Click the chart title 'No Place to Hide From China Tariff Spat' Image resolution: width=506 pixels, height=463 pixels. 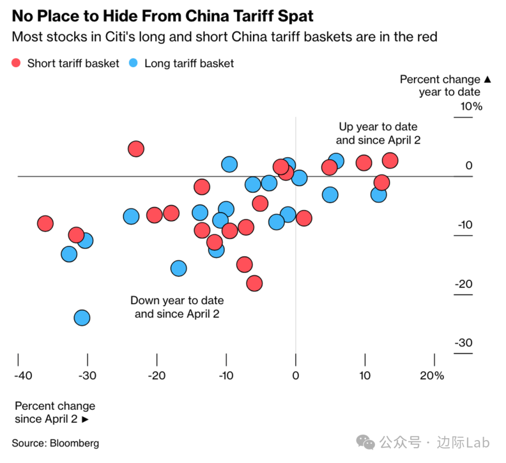point(163,16)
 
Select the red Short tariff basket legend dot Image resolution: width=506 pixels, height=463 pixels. point(17,63)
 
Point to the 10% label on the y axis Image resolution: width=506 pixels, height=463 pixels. point(471,106)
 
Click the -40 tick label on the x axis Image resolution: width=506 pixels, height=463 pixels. point(23,375)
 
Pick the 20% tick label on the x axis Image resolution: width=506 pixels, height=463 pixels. point(432,375)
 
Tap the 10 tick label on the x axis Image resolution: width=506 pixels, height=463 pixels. point(365,375)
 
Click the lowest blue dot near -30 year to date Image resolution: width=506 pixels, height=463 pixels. point(82,318)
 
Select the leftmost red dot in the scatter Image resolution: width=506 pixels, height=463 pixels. point(45,223)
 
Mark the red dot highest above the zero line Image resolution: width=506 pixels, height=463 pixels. point(136,149)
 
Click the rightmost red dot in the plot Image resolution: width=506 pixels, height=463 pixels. point(390,161)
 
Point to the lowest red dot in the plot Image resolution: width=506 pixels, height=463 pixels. point(254,283)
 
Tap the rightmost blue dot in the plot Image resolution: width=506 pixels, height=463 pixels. point(379,194)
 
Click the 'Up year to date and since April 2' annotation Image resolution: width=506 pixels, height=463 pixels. point(378,133)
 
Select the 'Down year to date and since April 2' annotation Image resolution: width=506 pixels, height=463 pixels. point(177,307)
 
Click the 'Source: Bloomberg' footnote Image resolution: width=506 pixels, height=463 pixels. point(55,443)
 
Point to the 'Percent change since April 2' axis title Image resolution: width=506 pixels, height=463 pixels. point(55,412)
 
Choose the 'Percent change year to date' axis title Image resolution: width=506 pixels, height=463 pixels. point(445,86)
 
